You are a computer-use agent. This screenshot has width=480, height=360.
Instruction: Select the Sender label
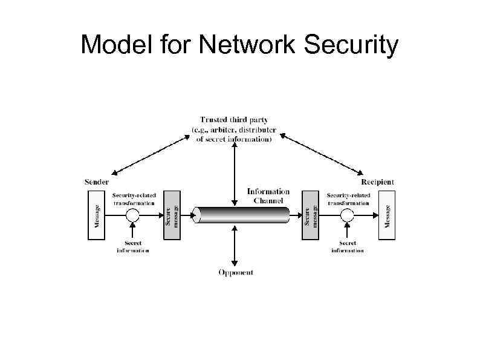pos(96,182)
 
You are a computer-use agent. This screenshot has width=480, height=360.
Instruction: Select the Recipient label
pos(377,182)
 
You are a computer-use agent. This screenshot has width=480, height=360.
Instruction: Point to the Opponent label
pos(236,273)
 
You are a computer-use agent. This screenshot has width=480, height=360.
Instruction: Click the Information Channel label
pos(268,195)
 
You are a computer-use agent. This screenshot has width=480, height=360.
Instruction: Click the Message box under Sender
pos(96,215)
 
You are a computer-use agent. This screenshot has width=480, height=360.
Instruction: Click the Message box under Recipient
pos(387,215)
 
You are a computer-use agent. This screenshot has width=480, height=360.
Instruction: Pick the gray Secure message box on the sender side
pos(172,215)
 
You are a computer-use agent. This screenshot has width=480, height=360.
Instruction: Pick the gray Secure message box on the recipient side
pos(311,215)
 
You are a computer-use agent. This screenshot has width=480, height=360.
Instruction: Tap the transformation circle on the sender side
pos(133,215)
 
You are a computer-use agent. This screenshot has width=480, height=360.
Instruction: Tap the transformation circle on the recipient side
pos(347,215)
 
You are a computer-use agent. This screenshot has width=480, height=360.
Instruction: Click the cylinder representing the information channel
pos(241,215)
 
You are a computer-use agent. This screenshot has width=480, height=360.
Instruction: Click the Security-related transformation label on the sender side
pos(134,199)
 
